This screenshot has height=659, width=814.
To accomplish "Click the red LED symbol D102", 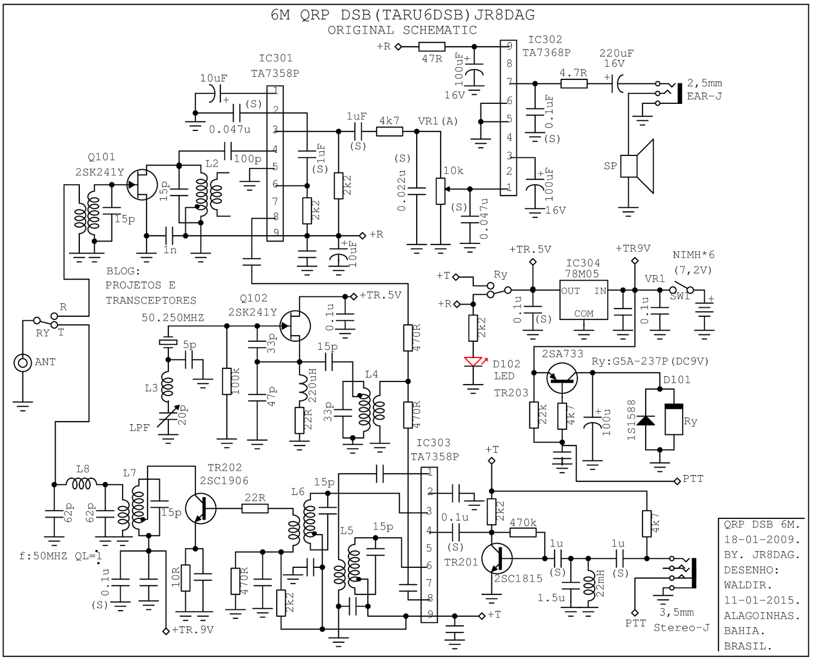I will (x=473, y=362).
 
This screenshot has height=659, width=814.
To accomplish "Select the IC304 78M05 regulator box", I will (x=584, y=300).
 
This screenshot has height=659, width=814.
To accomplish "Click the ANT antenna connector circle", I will (x=22, y=363).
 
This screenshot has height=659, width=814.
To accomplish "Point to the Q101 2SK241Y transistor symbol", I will (x=142, y=185).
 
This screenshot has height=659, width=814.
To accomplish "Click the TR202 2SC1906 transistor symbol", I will (x=200, y=508).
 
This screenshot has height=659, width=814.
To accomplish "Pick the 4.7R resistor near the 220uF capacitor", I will (x=574, y=84).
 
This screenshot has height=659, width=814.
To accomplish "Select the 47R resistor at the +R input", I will (x=432, y=47).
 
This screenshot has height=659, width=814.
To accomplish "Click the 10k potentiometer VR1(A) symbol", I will (x=441, y=191).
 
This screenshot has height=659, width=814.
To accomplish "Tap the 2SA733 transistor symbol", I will (x=562, y=378).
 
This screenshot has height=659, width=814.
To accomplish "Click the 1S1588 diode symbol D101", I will (x=646, y=420).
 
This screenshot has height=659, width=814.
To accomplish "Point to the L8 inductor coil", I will (x=81, y=483).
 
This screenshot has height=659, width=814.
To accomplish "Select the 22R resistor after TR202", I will (x=254, y=508).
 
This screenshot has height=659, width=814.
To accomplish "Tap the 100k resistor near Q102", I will (x=227, y=381).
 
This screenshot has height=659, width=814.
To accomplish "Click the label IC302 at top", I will (x=545, y=40).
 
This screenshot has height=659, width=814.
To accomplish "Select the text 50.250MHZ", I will (x=172, y=318).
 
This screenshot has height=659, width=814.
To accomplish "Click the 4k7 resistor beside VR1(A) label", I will (x=389, y=131).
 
